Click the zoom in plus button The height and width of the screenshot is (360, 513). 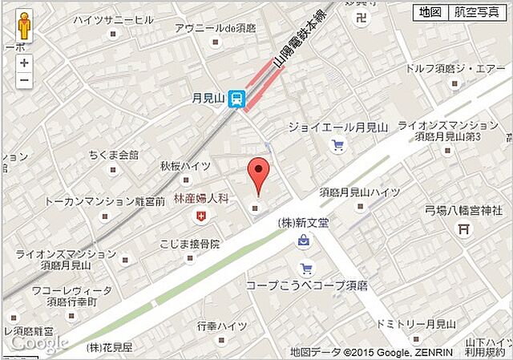[24, 63]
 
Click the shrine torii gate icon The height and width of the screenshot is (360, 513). [463, 229]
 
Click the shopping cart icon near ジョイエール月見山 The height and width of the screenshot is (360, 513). [338, 145]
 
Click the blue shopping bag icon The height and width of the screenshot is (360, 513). [304, 240]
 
